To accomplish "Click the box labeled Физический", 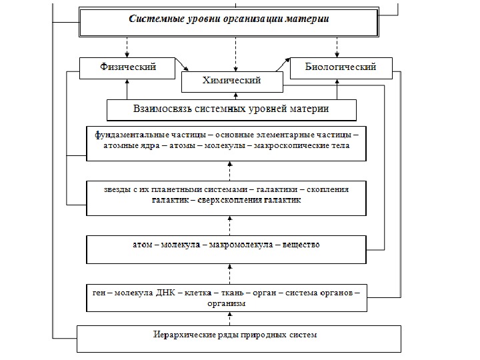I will tap(127, 67).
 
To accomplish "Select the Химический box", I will tap(231, 81).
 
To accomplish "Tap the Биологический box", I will tap(341, 67).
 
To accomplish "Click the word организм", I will tap(227, 303).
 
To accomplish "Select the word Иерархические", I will tap(181, 334).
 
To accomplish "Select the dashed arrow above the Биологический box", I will tap(337, 46).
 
